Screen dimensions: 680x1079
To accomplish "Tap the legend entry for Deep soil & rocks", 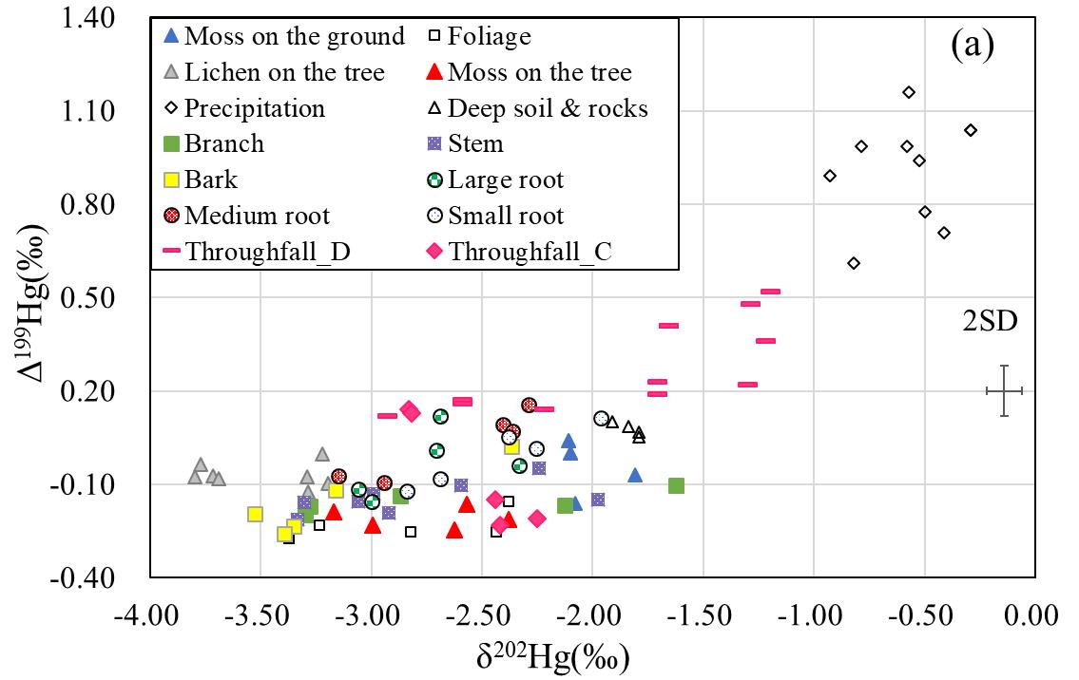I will coord(537,108).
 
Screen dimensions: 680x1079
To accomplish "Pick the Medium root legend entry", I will coord(257,216).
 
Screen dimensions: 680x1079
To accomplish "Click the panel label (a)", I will coord(973,45).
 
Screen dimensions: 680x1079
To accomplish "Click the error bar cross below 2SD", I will coord(1004,390).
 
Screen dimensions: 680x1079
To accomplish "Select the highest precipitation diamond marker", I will coord(909,92).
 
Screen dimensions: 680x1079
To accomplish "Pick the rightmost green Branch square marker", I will coord(676,485).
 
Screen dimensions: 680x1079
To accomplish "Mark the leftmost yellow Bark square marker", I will coord(255,514).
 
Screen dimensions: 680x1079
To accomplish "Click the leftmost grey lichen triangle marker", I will coord(195,477).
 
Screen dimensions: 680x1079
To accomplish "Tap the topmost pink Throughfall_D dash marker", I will coord(770,292).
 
